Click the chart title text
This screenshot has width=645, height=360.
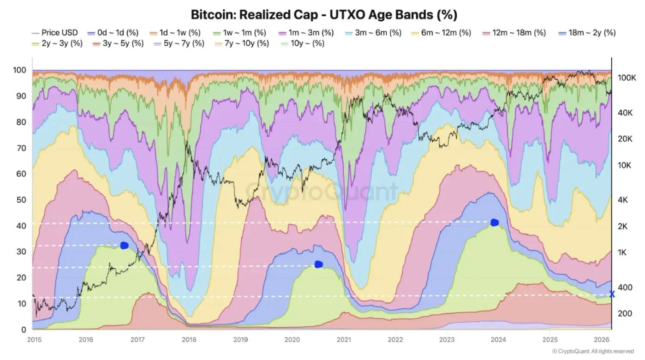point(324,15)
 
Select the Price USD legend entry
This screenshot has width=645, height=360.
point(55,33)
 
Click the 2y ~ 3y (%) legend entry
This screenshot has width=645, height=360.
point(55,44)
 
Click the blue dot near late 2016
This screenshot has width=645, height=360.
point(124,246)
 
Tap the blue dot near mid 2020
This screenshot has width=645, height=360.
point(318,264)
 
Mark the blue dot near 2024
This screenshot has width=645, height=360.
point(495,222)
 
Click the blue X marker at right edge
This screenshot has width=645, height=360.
point(612,294)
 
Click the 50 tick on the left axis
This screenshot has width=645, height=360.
point(22,200)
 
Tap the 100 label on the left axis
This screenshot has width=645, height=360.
point(19,70)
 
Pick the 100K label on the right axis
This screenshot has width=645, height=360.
point(627,78)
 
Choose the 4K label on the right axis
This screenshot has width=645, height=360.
point(622,200)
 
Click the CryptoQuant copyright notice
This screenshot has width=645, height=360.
point(592,351)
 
